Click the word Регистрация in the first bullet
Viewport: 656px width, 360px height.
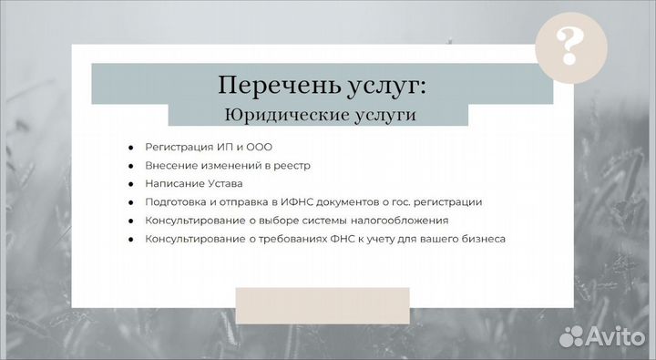pyautogui.click(x=179, y=147)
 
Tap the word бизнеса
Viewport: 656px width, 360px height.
pyautogui.click(x=483, y=239)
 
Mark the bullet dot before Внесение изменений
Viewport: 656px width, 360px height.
pyautogui.click(x=130, y=166)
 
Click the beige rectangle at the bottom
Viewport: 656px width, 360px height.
pyautogui.click(x=323, y=304)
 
